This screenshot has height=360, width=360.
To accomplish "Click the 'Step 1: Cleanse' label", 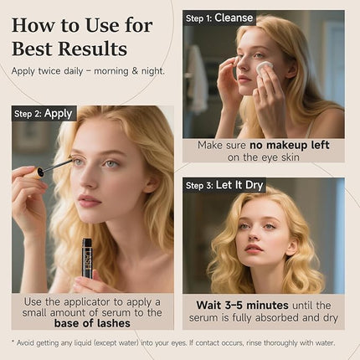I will (x=219, y=18).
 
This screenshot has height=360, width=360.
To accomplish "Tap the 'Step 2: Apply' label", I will (x=44, y=113).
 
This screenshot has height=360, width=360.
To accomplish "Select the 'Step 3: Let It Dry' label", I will (x=224, y=185).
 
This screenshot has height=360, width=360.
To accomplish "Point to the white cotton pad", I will (x=265, y=65).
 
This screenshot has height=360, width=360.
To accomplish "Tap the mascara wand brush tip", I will (x=41, y=172).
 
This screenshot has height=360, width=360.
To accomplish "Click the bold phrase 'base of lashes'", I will (x=92, y=322).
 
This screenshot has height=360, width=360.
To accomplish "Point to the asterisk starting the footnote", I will (x=14, y=342).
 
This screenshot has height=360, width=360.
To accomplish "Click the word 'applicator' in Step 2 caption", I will (x=92, y=301).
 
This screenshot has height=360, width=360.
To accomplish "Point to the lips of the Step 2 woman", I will (x=90, y=201).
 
